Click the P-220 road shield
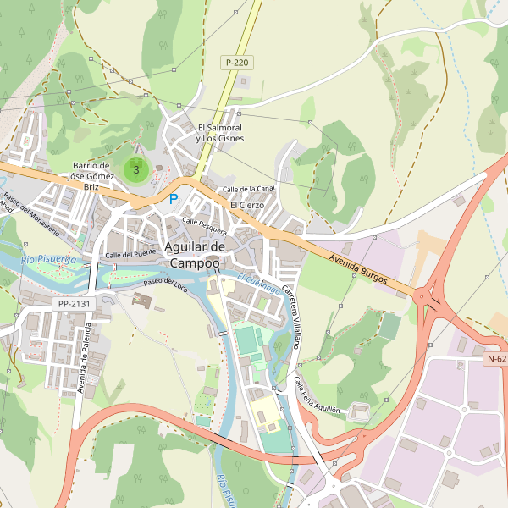[238, 63]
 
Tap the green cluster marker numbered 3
[136, 169]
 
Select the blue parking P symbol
[174, 199]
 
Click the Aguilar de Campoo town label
[195, 255]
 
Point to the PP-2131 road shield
[75, 303]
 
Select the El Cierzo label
[247, 205]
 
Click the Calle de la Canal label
[248, 188]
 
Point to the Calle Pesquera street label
[204, 225]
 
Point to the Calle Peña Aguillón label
[317, 395]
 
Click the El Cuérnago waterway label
[258, 284]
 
